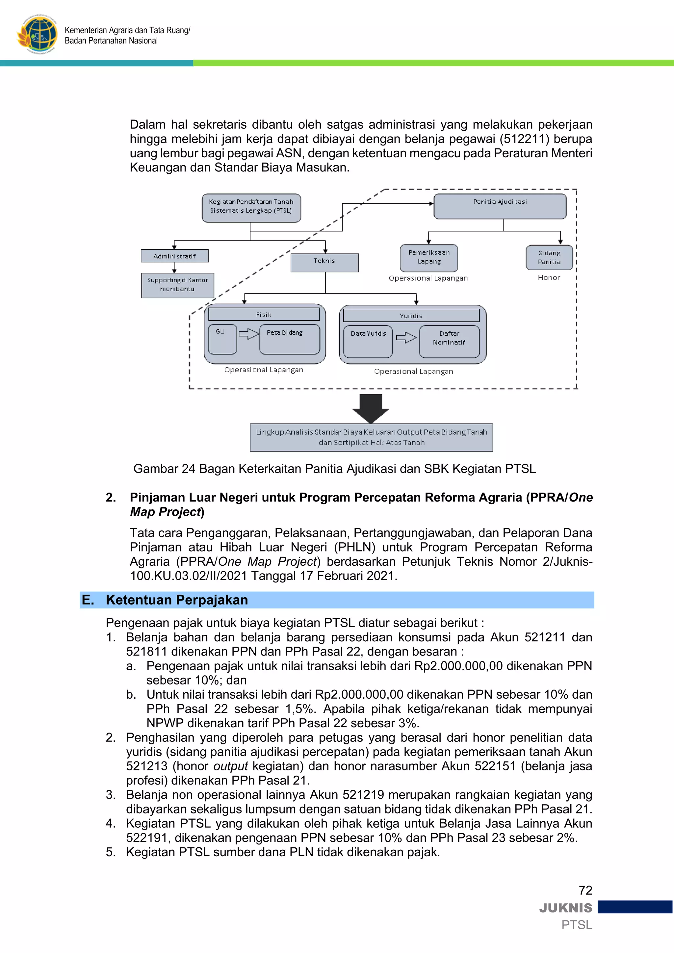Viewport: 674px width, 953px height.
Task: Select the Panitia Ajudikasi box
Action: tap(500, 206)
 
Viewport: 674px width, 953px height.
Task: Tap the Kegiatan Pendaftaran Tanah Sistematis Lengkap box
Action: tap(251, 208)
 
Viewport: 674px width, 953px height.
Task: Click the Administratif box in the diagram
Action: tap(174, 256)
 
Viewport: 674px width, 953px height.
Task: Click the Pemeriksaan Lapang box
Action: tap(429, 258)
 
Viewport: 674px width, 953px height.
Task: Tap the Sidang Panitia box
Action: tap(549, 258)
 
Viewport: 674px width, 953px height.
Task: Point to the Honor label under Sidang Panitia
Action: tap(549, 278)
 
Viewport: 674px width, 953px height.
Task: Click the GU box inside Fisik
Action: tap(222, 339)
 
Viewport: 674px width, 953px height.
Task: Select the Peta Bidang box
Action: tap(289, 339)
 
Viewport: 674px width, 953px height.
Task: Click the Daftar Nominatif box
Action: tap(449, 341)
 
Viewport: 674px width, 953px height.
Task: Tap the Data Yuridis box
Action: tap(368, 341)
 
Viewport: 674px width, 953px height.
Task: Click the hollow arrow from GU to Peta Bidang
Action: tap(248, 333)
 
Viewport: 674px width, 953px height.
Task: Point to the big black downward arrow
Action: tap(371, 408)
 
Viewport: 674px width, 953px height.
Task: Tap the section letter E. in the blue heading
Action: tap(88, 600)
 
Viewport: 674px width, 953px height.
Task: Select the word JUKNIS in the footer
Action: tap(566, 908)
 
